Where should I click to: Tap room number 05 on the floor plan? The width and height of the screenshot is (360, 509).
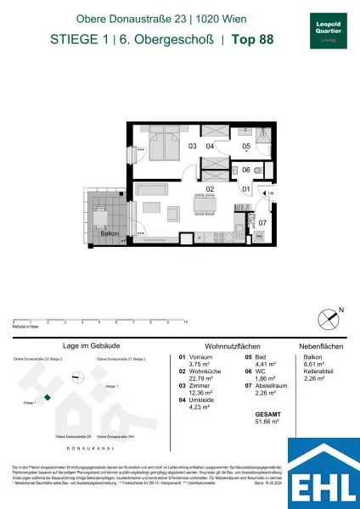[245, 146]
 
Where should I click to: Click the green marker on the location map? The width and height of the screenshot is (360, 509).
[48, 397]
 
